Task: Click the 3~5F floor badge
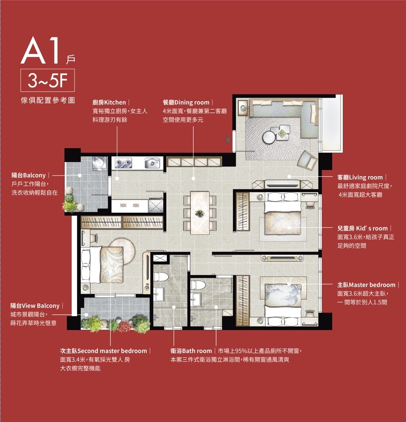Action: tap(48, 81)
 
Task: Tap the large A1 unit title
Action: tap(40, 50)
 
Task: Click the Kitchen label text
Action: tap(109, 102)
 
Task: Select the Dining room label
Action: tap(186, 102)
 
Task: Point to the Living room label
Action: tap(360, 177)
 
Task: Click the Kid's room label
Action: tap(362, 229)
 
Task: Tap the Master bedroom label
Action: tap(366, 285)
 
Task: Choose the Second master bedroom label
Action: tap(103, 351)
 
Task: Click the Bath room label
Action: tap(191, 351)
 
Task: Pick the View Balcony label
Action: tap(35, 306)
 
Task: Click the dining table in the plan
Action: tap(200, 213)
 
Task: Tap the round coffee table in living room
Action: tap(269, 137)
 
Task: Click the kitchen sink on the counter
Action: tap(152, 163)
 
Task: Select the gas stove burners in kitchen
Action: tap(123, 163)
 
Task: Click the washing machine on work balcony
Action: tap(100, 163)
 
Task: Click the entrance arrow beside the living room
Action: tap(228, 139)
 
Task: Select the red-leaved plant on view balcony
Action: tap(125, 326)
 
